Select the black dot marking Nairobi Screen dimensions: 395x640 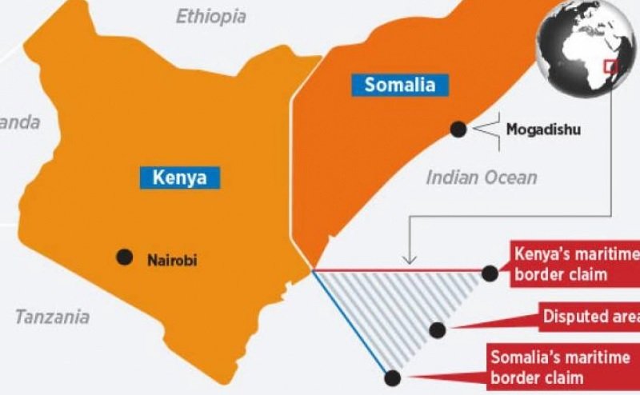[124, 257]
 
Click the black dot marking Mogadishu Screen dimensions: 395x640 [458, 128]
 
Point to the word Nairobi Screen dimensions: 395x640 [172, 259]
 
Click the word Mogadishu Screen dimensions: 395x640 [543, 128]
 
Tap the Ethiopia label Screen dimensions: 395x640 [211, 16]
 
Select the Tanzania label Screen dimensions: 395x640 [52, 317]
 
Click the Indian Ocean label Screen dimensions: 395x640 [482, 177]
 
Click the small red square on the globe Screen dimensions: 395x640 [611, 66]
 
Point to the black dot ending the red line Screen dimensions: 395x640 [490, 273]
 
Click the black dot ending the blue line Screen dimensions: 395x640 [392, 377]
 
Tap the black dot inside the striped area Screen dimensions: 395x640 [436, 329]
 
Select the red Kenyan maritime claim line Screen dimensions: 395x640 [400, 271]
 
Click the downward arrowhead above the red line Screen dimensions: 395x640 [410, 258]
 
